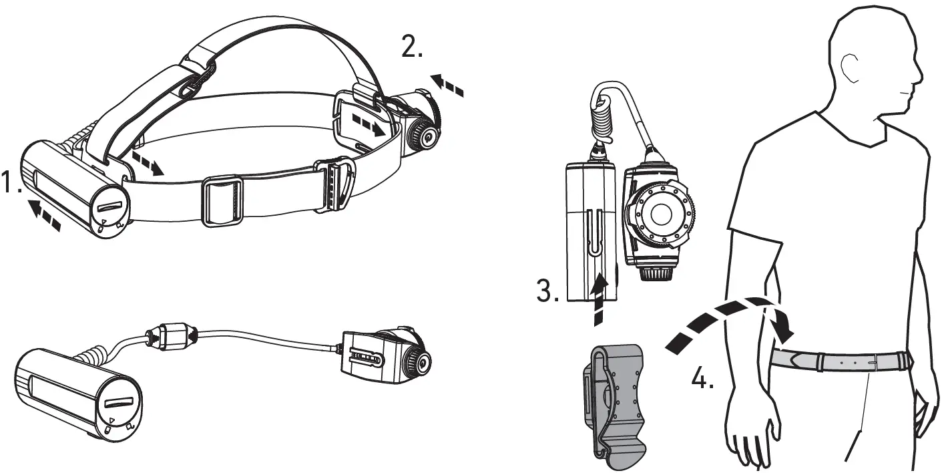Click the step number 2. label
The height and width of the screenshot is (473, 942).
pos(411,47)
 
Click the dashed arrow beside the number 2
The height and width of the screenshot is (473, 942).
pos(447,86)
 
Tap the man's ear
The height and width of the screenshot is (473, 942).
pos(850,67)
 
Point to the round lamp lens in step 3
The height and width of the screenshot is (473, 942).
pos(661,214)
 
